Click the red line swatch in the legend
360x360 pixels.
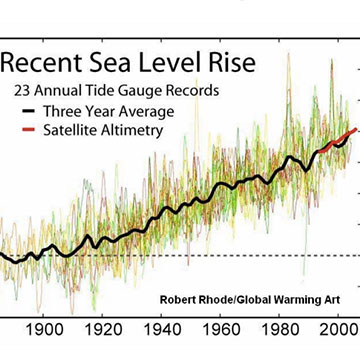tap(25, 132)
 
